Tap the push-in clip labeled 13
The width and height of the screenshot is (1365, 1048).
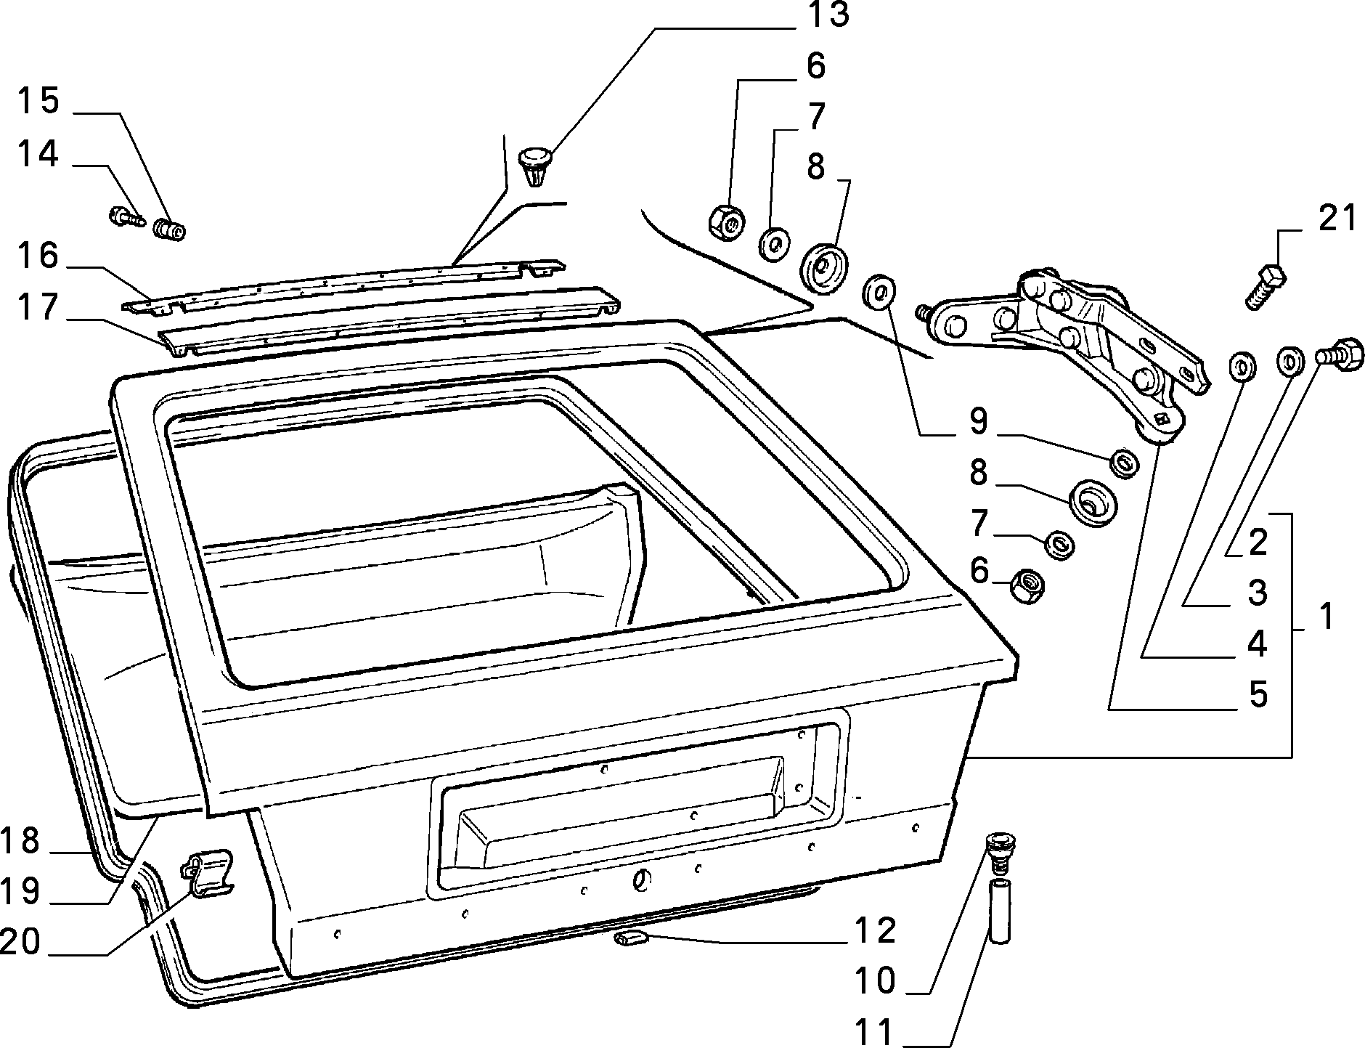[x=535, y=166]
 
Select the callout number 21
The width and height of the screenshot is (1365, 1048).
[x=1337, y=218]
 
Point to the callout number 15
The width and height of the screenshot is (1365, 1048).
[x=38, y=101]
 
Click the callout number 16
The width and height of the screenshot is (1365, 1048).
[x=38, y=256]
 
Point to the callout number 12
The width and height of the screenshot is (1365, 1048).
[x=876, y=930]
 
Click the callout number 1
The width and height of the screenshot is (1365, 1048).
[x=1326, y=617]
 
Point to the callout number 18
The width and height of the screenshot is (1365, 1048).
[x=20, y=841]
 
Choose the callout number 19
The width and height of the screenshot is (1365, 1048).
[x=20, y=890]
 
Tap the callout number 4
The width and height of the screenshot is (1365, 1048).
[x=1258, y=643]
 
